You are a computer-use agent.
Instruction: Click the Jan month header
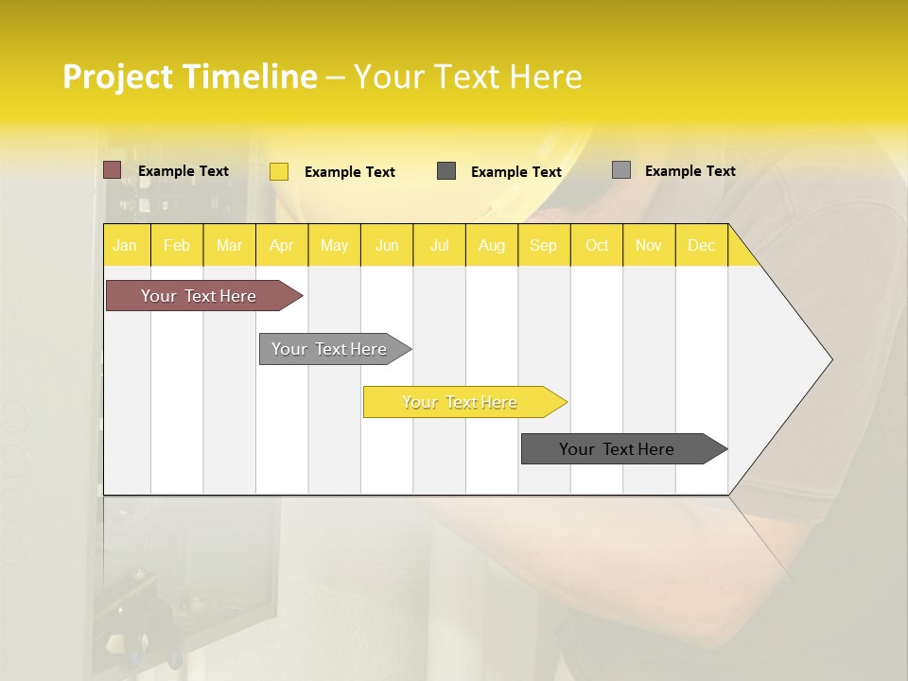pyautogui.click(x=125, y=246)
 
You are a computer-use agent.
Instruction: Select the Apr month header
pyautogui.click(x=281, y=246)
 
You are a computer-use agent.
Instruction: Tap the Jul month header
pyautogui.click(x=439, y=246)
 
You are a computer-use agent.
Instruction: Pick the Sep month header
pyautogui.click(x=543, y=246)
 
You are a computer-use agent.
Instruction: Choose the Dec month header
pyautogui.click(x=701, y=246)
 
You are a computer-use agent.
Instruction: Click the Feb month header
pyautogui.click(x=177, y=246)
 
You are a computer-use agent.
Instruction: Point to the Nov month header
pyautogui.click(x=649, y=246)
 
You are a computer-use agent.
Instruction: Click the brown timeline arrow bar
pyautogui.click(x=199, y=296)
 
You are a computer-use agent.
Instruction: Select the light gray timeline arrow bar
pyautogui.click(x=329, y=349)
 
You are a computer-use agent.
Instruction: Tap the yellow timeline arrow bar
pyautogui.click(x=460, y=402)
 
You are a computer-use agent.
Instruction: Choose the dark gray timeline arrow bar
pyautogui.click(x=617, y=449)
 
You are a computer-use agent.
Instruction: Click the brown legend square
pyautogui.click(x=113, y=170)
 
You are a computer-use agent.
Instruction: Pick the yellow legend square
pyautogui.click(x=279, y=171)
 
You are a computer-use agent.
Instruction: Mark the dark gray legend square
pyautogui.click(x=446, y=171)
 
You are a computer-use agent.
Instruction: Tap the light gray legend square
pyautogui.click(x=621, y=170)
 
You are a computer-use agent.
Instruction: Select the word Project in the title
pyautogui.click(x=118, y=77)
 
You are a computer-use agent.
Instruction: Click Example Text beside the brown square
pyautogui.click(x=183, y=171)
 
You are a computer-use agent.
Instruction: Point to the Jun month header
pyautogui.click(x=387, y=246)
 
